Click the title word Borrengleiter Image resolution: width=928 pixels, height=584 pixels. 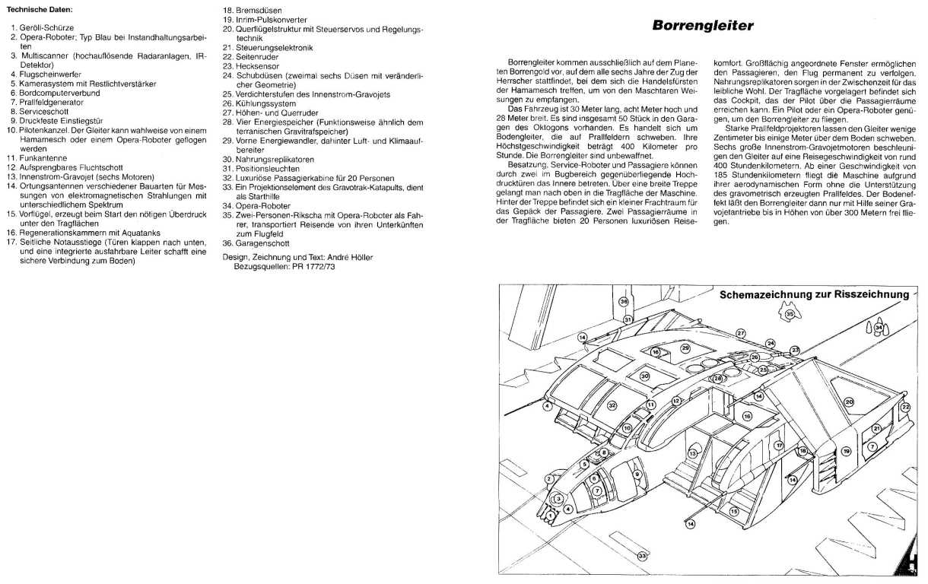tap(704, 26)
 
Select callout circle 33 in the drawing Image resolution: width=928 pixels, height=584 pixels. tap(643, 557)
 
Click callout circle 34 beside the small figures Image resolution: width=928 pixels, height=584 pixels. tap(879, 328)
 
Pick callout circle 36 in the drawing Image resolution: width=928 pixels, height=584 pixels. tap(624, 301)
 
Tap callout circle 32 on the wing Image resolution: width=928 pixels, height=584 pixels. tap(611, 406)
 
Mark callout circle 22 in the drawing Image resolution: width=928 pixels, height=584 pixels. tap(905, 408)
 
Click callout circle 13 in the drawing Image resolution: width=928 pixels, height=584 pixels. tap(692, 453)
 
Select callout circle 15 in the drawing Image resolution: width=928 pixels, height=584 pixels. tap(734, 512)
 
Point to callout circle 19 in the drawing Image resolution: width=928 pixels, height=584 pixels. tap(847, 451)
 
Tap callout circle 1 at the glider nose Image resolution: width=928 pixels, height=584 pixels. tap(551, 515)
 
